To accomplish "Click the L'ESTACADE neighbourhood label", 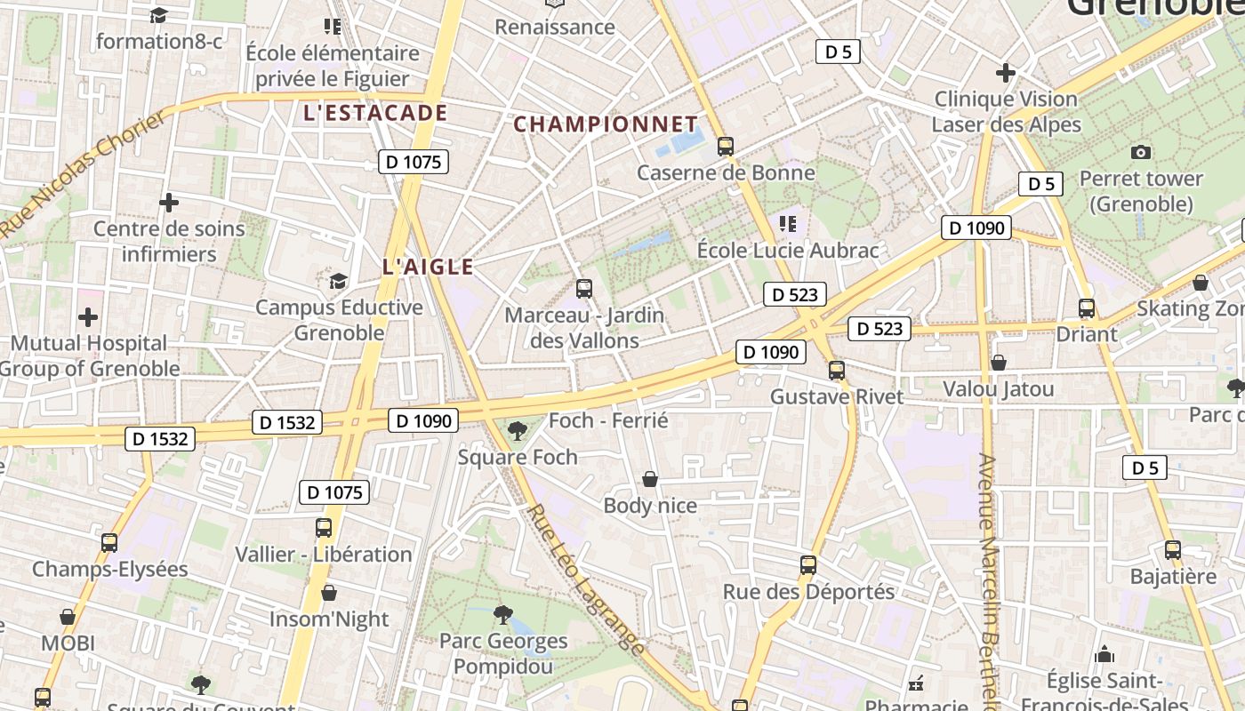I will click(x=374, y=113).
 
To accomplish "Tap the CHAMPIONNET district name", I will click(x=606, y=124).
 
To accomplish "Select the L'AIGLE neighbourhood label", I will click(x=428, y=267).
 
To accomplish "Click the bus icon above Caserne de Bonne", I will click(x=726, y=147).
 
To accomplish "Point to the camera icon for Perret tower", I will click(x=1141, y=153).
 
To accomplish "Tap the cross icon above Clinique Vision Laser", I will click(x=1006, y=72).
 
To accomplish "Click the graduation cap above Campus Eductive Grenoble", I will click(x=338, y=282).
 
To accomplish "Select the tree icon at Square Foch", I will click(x=517, y=432).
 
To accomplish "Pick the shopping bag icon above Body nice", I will click(x=650, y=480).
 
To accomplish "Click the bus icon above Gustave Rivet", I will click(x=836, y=371).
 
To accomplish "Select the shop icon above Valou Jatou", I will click(x=999, y=363).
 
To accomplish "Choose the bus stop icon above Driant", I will click(x=1086, y=308).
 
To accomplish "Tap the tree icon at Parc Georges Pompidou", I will click(x=503, y=614).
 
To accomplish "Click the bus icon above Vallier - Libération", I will click(x=324, y=528).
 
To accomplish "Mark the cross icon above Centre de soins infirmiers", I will click(x=169, y=203).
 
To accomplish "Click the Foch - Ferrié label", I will click(x=608, y=420).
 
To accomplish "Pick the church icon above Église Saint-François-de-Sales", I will click(x=1104, y=655).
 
